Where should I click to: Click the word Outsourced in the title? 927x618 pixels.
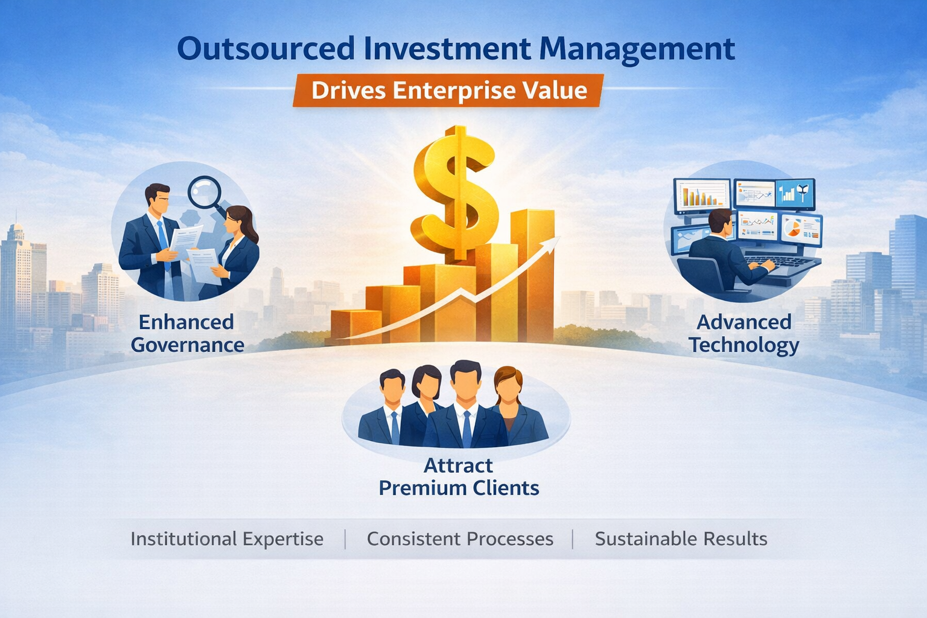pyautogui.click(x=266, y=49)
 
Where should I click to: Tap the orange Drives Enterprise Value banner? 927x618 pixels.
pyautogui.click(x=448, y=91)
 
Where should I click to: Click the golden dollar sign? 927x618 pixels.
pyautogui.click(x=456, y=192)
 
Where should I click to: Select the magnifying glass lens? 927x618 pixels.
pyautogui.click(x=204, y=192)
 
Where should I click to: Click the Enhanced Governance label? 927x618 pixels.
pyautogui.click(x=187, y=333)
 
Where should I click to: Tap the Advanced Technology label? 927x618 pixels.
pyautogui.click(x=744, y=333)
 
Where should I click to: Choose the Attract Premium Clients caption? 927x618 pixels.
pyautogui.click(x=459, y=477)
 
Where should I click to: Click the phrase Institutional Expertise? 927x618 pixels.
pyautogui.click(x=227, y=538)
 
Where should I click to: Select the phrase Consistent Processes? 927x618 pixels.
pyautogui.click(x=460, y=538)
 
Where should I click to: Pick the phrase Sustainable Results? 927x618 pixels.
pyautogui.click(x=681, y=538)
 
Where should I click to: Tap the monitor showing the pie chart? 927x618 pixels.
pyautogui.click(x=801, y=229)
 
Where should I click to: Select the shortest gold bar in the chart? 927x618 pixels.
pyautogui.click(x=349, y=326)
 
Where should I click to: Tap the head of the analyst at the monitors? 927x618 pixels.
pyautogui.click(x=719, y=222)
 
